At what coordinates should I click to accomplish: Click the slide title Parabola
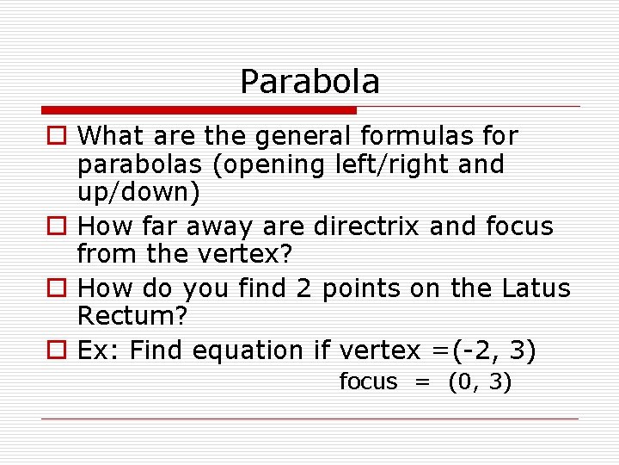pyautogui.click(x=309, y=82)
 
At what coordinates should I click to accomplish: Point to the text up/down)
pyautogui.click(x=138, y=192)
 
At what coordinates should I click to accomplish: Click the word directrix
pyautogui.click(x=367, y=226)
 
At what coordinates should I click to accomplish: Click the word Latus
pyautogui.click(x=535, y=288)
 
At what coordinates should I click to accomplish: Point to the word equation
pyautogui.click(x=248, y=350)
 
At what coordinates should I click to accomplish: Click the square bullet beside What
pyautogui.click(x=56, y=137)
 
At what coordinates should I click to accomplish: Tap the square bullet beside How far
pyautogui.click(x=56, y=227)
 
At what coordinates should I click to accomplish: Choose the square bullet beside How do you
pyautogui.click(x=56, y=289)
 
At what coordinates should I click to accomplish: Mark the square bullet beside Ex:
pyautogui.click(x=56, y=351)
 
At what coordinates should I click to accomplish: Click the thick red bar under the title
pyautogui.click(x=199, y=110)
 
